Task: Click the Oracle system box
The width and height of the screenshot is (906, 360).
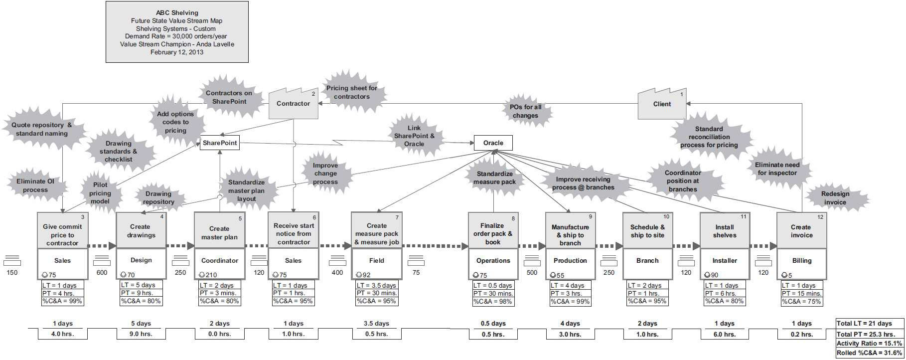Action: (x=493, y=143)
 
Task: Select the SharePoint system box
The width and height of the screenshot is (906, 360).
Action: (x=219, y=144)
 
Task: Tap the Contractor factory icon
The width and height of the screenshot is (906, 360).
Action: (x=293, y=104)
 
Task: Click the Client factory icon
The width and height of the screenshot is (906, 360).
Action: (x=662, y=104)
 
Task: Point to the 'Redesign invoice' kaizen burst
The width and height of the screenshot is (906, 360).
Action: (x=835, y=198)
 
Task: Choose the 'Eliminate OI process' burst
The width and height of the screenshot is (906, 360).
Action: (x=35, y=186)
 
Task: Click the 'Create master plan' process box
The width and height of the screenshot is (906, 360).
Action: (x=219, y=233)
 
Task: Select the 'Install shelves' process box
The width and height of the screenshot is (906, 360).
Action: (x=725, y=231)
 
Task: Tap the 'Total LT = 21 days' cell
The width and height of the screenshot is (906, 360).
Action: (x=870, y=324)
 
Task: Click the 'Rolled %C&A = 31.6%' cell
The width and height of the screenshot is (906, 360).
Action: (x=870, y=353)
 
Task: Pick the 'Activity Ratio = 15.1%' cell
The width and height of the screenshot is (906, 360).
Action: (x=870, y=344)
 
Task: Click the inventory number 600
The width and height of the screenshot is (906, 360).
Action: (x=102, y=273)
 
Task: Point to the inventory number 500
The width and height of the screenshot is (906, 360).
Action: (x=532, y=273)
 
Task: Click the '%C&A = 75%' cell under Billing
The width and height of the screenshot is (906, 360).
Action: (x=801, y=301)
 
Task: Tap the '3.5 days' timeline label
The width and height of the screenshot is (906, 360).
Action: (x=376, y=324)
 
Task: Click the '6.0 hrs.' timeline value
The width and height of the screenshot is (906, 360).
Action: (x=725, y=334)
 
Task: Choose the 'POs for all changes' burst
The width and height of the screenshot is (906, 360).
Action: (x=525, y=111)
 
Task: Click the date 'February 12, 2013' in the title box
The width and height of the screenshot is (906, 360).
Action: (x=177, y=52)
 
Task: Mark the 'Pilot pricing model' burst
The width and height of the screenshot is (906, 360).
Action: (x=100, y=193)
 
